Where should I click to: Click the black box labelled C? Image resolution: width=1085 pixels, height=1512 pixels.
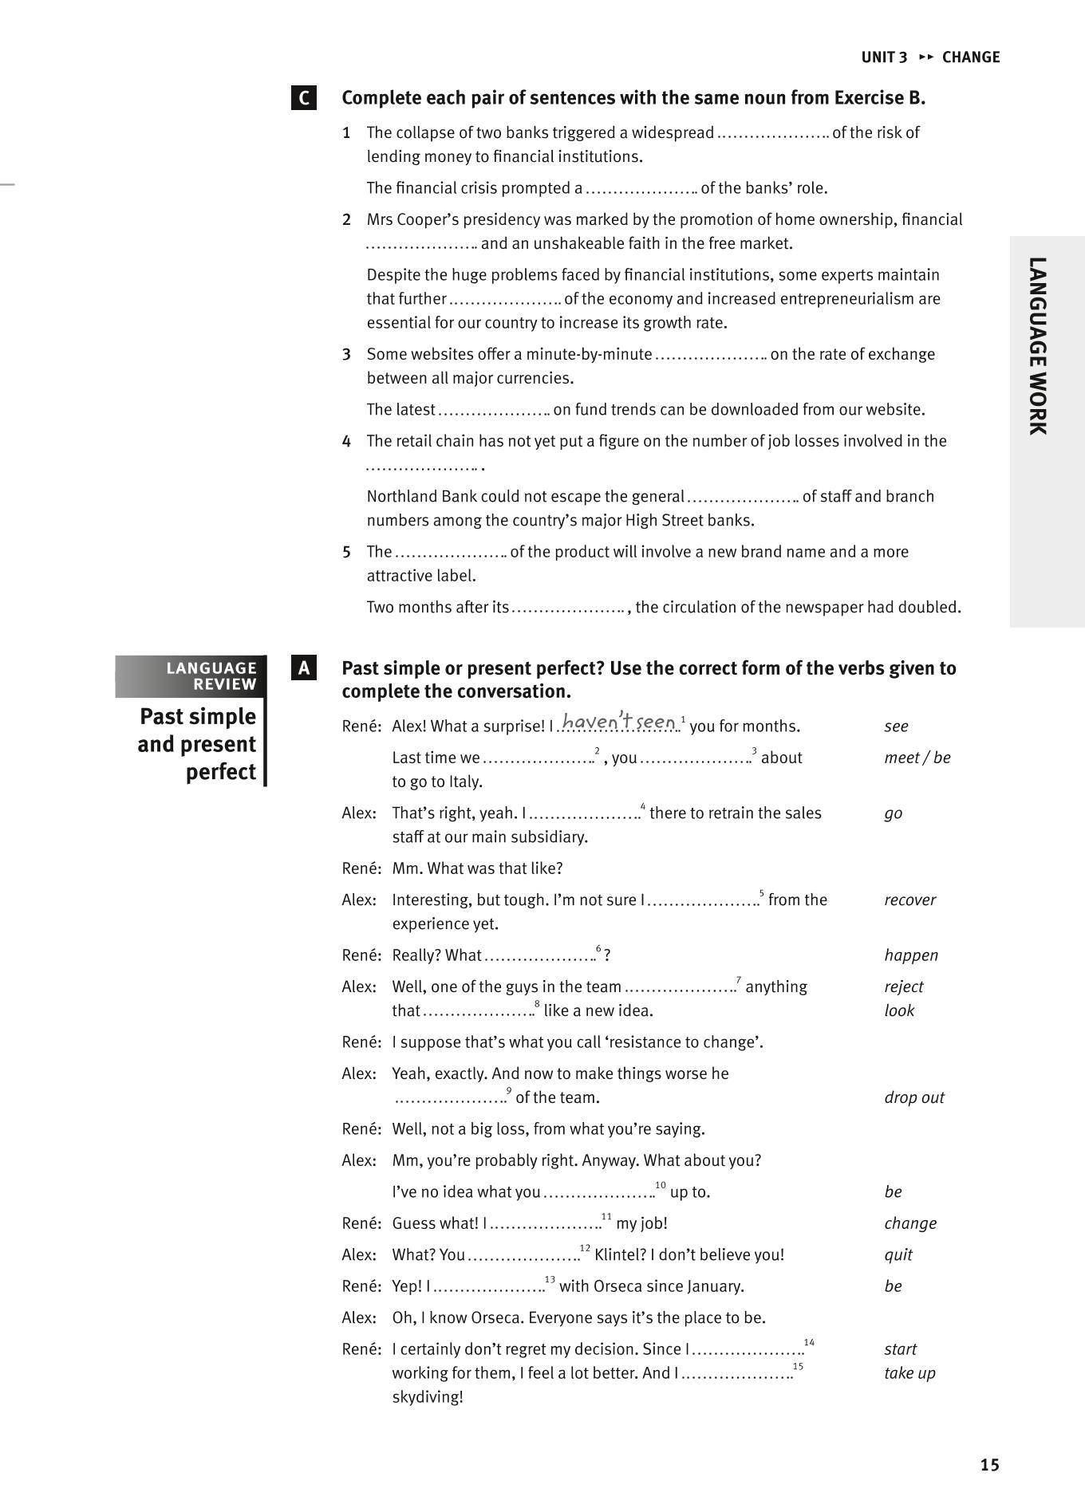tap(303, 98)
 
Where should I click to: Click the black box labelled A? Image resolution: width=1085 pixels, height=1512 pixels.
tap(303, 668)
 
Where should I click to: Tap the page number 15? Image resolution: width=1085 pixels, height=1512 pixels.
tap(989, 1465)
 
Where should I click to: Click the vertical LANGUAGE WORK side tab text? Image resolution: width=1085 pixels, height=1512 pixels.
tap(1037, 345)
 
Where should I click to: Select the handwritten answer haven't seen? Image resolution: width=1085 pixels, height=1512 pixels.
tap(619, 722)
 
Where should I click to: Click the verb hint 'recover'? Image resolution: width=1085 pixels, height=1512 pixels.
tap(909, 900)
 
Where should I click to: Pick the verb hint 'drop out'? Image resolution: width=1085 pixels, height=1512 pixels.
tap(913, 1098)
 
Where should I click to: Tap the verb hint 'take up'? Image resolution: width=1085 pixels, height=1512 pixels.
tap(909, 1373)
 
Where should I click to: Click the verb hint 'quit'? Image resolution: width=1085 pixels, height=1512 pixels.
tap(898, 1255)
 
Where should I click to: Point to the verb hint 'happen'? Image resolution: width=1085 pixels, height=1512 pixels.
tap(911, 955)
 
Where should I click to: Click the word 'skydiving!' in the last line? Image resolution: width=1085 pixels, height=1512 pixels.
tap(427, 1397)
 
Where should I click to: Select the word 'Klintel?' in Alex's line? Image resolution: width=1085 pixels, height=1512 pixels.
tap(620, 1255)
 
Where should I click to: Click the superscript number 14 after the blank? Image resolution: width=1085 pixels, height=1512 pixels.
tap(809, 1343)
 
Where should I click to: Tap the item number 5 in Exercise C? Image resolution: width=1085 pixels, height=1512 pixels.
tap(346, 552)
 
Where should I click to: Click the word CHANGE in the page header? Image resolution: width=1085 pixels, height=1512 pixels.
tap(971, 57)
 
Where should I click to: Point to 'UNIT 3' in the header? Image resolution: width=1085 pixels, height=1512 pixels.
tap(884, 57)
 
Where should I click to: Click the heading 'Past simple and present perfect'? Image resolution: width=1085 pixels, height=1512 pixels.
tap(197, 744)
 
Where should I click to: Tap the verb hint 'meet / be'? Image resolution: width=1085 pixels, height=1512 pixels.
tap(917, 758)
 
